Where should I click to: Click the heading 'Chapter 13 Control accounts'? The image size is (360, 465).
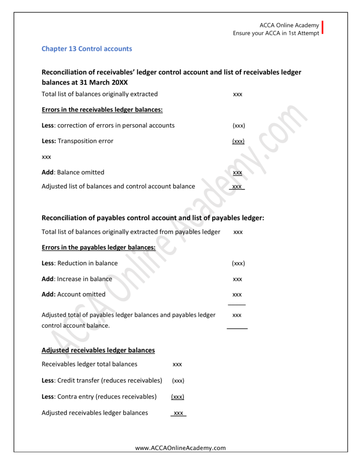pos(87,49)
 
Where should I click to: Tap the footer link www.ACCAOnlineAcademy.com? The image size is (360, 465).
pos(180,448)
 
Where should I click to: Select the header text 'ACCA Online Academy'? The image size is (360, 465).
pos(289,25)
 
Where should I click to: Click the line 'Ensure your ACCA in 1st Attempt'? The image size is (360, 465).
pos(276,33)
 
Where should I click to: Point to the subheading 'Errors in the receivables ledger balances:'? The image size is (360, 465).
pos(102,109)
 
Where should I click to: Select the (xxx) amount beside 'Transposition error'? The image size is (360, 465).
pos(238,141)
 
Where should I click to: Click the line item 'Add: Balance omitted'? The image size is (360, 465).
pos(73,172)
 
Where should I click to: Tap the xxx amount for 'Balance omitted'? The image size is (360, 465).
pos(237,173)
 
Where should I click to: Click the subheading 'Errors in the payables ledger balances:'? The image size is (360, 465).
pos(99,247)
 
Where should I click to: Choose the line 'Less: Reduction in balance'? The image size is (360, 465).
pos(80,263)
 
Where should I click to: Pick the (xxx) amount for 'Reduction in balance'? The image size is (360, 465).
pos(238,263)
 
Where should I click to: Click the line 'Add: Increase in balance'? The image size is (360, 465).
pos(77,279)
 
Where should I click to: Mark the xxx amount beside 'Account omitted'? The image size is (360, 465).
pos(237,295)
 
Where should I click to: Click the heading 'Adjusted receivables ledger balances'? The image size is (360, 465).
pos(98,350)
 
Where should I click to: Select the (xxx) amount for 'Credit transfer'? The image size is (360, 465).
pos(178,381)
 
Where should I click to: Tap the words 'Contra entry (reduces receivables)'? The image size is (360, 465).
pos(107,396)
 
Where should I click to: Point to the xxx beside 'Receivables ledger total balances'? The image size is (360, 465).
pos(177,364)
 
